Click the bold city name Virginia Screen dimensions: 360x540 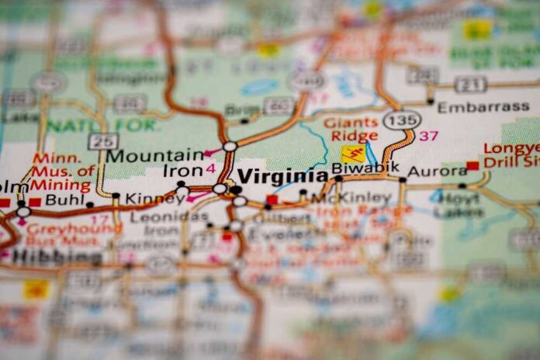tap(282, 175)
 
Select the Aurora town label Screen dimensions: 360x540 tap(437, 171)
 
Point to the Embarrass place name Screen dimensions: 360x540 tap(483, 107)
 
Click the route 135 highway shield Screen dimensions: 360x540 tap(401, 119)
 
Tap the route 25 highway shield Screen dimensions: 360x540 tap(102, 140)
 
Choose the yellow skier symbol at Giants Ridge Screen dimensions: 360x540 tap(353, 153)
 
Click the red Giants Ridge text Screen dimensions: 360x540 tap(351, 129)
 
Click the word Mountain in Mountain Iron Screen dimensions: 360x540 tap(154, 155)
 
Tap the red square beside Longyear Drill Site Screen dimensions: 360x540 tap(472, 165)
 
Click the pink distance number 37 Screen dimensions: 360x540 tap(429, 136)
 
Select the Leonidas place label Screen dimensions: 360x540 tap(158, 217)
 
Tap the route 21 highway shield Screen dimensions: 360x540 tap(471, 85)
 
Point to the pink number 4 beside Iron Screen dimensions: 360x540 tap(210, 168)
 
